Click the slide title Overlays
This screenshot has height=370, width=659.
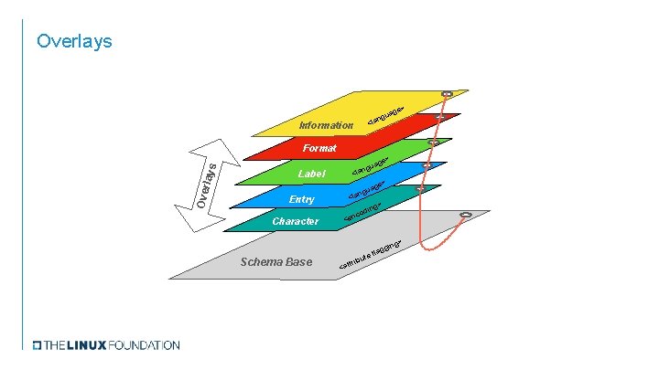pyautogui.click(x=73, y=41)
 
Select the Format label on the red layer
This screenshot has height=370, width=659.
pyautogui.click(x=320, y=148)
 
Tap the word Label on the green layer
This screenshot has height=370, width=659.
pyautogui.click(x=311, y=174)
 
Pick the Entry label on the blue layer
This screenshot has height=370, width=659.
pyautogui.click(x=301, y=199)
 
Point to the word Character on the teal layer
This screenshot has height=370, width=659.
pyautogui.click(x=296, y=221)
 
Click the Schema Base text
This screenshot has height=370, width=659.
pyautogui.click(x=275, y=263)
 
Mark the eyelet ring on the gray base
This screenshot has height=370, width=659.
pyautogui.click(x=466, y=216)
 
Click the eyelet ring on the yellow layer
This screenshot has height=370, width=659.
pyautogui.click(x=447, y=93)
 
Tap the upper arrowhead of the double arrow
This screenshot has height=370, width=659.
pyautogui.click(x=220, y=146)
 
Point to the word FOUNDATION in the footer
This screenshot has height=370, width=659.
pyautogui.click(x=144, y=345)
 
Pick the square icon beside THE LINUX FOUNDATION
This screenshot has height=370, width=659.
pyautogui.click(x=37, y=345)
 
